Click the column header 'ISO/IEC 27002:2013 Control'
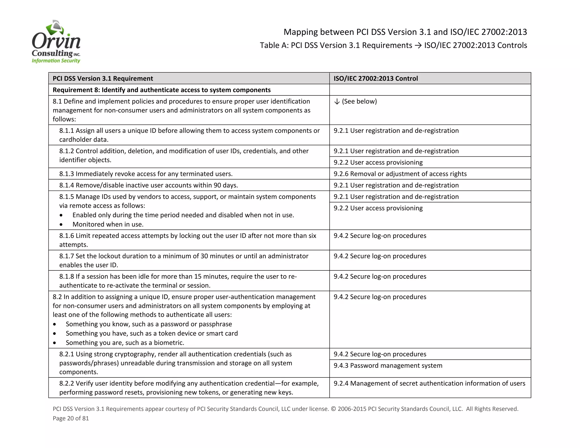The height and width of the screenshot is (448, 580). pos(376,78)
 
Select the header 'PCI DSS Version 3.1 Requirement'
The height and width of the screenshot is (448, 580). pos(103,78)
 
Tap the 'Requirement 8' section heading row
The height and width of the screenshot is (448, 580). pos(161,90)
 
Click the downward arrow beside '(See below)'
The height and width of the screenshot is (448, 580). pos(337,102)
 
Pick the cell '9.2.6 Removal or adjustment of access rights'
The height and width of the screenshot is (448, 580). pos(400,174)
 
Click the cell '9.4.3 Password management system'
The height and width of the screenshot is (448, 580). pos(388,366)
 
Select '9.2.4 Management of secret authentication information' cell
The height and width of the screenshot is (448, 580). pos(429,383)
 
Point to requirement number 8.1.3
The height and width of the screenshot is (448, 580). pos(67,174)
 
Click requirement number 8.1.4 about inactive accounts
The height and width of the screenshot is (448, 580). pos(67,185)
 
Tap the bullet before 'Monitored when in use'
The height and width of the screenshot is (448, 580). pos(61,225)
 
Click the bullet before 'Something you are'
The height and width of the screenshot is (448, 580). pos(54,343)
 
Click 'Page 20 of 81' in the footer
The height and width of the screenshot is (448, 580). pos(71,418)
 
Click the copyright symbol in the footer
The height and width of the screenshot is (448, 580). pos(333,409)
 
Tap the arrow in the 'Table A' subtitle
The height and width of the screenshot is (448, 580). pos(418,45)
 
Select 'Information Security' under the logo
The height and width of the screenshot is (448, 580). pos(56,61)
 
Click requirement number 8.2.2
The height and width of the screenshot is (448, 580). pos(67,383)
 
